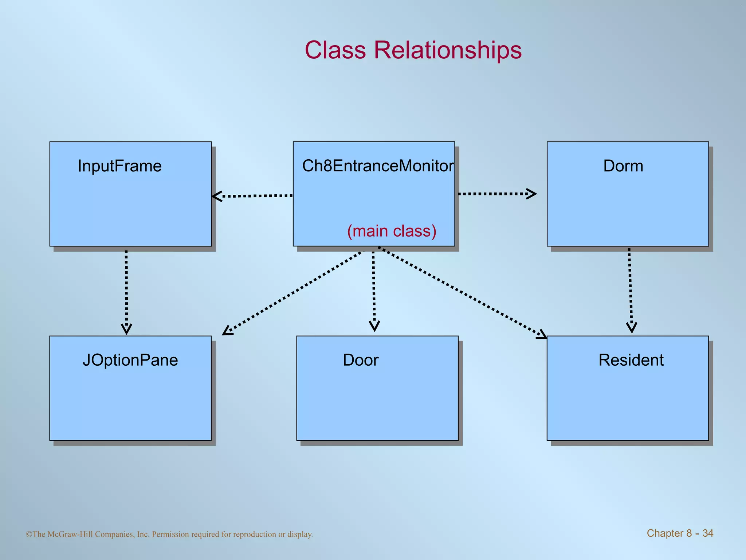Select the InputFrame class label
click(x=119, y=166)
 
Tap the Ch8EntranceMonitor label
click(x=378, y=166)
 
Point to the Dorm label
click(x=623, y=166)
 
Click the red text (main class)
click(x=392, y=231)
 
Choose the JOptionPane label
click(x=130, y=360)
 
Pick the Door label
click(x=361, y=360)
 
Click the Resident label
click(x=631, y=360)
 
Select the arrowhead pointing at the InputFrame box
click(x=217, y=196)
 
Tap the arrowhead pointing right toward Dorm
click(x=532, y=194)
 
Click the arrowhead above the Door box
click(x=374, y=326)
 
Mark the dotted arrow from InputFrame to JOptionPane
click(x=126, y=288)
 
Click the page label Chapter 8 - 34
click(x=680, y=533)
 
